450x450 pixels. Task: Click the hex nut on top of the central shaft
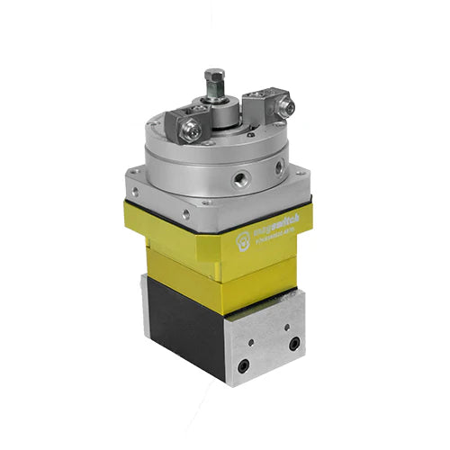coord(214,76)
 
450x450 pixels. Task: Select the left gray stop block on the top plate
coord(184,124)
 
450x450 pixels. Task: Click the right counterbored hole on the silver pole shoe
coord(294,343)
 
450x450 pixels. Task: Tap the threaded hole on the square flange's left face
coord(138,192)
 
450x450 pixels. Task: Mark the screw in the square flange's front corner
coord(187,215)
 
